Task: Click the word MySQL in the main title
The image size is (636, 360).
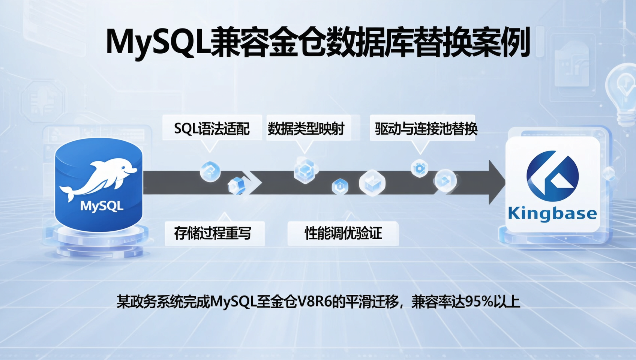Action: (157, 42)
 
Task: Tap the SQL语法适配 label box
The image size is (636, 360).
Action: (212, 129)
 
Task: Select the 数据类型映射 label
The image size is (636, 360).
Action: (306, 129)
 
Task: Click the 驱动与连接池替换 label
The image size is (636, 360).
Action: (426, 129)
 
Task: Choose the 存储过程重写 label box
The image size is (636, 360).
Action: (213, 233)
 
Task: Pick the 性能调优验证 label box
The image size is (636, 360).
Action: (343, 233)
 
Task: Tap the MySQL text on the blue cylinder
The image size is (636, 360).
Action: (102, 206)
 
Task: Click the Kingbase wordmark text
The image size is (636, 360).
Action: (552, 213)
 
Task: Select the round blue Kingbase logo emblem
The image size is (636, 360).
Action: (552, 176)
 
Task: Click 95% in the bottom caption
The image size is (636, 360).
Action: (478, 301)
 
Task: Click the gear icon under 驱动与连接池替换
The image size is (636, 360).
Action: (420, 168)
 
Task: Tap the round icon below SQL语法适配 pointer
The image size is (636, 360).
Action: (210, 171)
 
